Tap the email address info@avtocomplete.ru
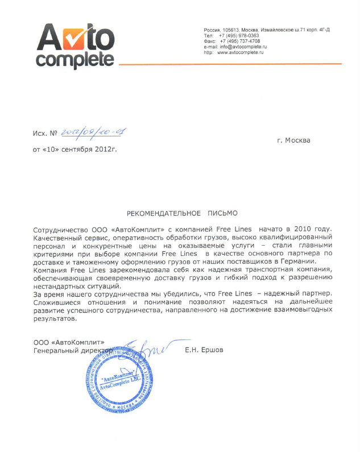tap(243, 47)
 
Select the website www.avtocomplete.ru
tap(241, 52)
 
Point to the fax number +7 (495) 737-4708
tap(239, 41)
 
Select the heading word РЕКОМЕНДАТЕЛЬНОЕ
tap(163, 213)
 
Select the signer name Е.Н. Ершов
tap(204, 350)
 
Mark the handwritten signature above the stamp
tap(136, 348)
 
